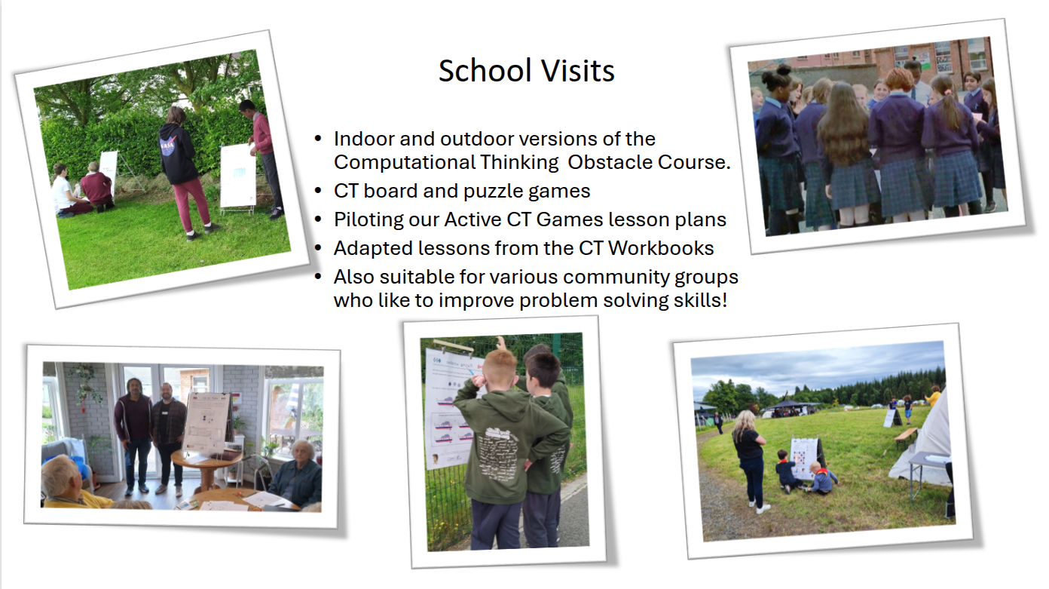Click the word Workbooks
661,248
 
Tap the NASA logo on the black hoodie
167,146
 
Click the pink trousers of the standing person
193,204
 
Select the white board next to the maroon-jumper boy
238,176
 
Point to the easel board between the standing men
207,423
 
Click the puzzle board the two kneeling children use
804,459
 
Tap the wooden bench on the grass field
906,436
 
